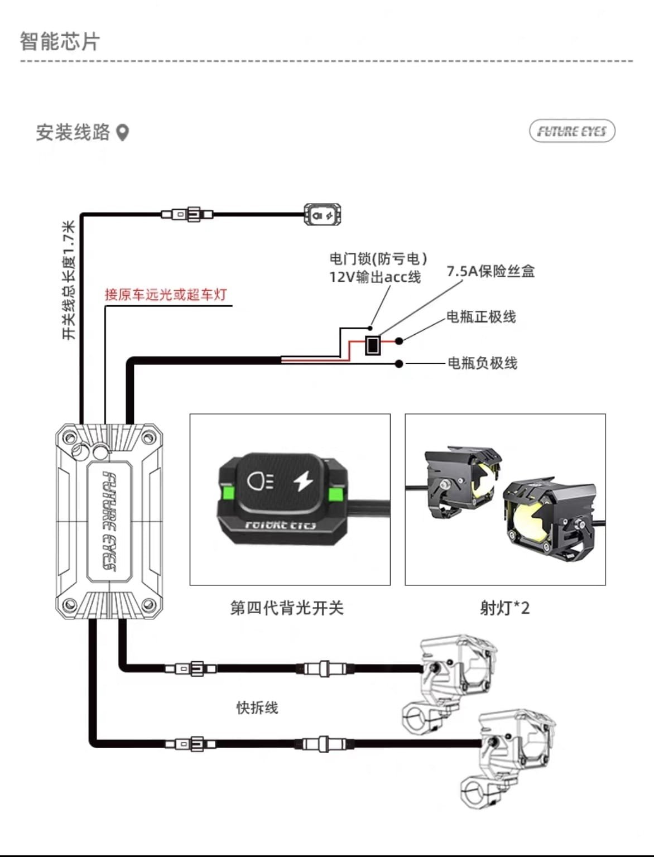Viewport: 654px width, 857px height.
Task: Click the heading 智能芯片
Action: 60,42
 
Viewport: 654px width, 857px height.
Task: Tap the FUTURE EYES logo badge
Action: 571,131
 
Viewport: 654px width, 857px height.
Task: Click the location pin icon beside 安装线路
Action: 123,133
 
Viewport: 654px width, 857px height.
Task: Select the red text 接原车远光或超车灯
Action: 166,295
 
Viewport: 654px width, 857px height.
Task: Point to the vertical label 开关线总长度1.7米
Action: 68,280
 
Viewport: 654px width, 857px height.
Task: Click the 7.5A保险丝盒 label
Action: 490,272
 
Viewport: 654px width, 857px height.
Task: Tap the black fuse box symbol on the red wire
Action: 373,345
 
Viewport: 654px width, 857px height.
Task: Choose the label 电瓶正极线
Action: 481,317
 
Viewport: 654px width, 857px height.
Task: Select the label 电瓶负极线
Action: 482,363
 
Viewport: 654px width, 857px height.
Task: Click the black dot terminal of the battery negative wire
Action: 398,364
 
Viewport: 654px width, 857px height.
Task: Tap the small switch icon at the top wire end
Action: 322,215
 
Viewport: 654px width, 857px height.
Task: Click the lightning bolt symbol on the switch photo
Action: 304,480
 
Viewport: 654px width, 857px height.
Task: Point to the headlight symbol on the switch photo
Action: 260,480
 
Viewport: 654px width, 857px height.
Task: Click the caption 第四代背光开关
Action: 287,608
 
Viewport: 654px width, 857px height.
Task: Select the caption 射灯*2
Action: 504,608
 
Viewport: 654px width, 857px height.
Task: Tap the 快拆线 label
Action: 257,708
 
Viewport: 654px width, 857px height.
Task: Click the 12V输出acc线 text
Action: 374,277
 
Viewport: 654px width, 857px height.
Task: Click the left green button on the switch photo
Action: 228,494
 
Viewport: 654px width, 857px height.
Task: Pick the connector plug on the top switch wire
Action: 187,214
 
